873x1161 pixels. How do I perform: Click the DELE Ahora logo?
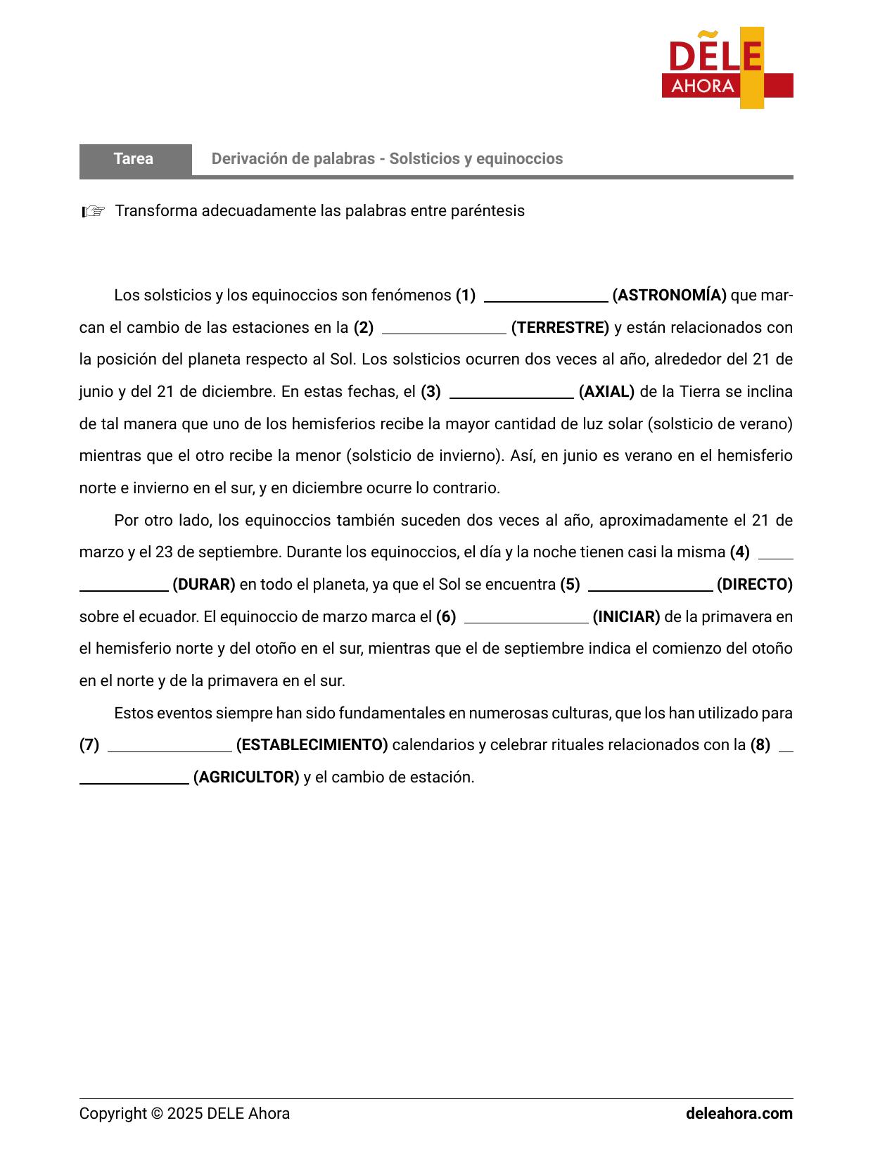[x=727, y=68]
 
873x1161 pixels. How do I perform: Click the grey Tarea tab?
[x=134, y=159]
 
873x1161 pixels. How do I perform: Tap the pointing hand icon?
[x=93, y=211]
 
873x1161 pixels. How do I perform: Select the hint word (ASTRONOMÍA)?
[x=669, y=296]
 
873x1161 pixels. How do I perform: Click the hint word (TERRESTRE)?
[x=560, y=328]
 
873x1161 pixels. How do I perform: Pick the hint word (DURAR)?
[x=203, y=585]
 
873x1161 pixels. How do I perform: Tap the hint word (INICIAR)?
[x=626, y=617]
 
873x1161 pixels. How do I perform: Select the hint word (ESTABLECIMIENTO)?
[x=312, y=745]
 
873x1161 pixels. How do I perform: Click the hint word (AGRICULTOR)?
[x=246, y=778]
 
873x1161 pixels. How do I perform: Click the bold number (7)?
[x=89, y=745]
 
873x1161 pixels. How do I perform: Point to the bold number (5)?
[x=570, y=585]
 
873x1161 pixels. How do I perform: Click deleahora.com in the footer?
[x=739, y=1114]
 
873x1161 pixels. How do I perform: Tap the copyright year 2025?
[x=185, y=1114]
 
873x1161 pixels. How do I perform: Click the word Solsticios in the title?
[x=423, y=159]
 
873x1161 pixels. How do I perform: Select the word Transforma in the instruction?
[x=156, y=211]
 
